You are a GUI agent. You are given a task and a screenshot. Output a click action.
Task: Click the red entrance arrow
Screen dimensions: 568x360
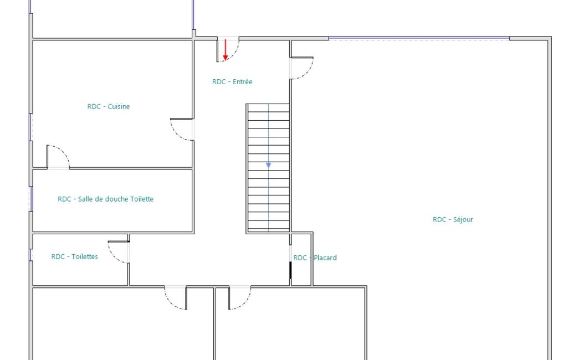226,50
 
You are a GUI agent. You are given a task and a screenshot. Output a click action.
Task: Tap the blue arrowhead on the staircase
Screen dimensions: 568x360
268,166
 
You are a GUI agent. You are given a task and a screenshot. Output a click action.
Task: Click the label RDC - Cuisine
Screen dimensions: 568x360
108,106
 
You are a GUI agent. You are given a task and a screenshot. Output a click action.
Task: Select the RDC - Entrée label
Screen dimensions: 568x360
232,82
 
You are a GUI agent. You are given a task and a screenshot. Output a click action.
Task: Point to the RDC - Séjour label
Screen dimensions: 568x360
453,219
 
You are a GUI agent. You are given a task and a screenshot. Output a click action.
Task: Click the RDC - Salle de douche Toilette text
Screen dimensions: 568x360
105,199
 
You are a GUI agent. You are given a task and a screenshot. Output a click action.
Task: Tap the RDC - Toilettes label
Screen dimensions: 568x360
75,257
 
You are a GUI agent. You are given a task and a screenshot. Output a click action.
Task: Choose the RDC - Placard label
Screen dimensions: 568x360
315,258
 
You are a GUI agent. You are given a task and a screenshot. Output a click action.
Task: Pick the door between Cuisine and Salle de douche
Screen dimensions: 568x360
62,152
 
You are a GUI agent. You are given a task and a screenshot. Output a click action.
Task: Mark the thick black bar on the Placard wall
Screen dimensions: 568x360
290,270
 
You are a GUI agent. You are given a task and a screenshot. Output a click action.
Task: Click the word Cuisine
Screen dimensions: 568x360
119,106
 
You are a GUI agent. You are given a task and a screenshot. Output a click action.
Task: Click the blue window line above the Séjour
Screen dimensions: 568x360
419,38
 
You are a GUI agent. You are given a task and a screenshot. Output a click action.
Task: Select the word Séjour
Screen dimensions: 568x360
463,219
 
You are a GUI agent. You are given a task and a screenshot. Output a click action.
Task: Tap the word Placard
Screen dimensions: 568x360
325,258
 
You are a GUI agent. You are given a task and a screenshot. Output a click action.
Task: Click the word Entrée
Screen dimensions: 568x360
242,82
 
